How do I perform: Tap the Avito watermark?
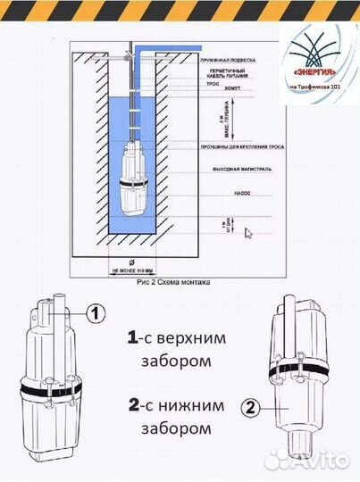pos(309,459)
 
